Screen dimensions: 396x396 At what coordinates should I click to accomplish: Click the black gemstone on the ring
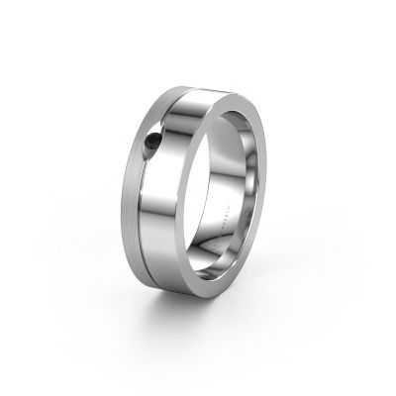[x=151, y=141]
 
